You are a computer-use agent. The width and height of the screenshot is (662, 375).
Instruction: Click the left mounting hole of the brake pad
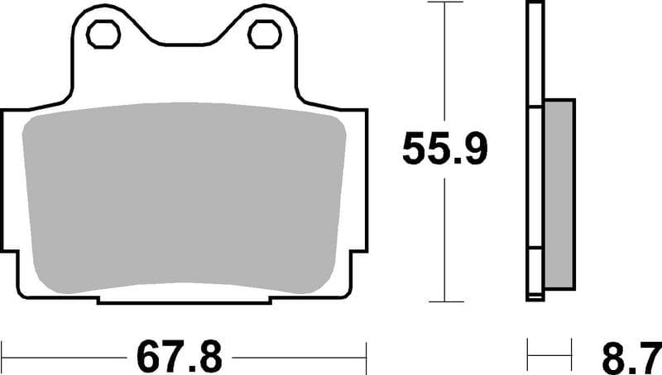(103, 35)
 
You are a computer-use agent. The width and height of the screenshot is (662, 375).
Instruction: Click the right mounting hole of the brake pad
(264, 35)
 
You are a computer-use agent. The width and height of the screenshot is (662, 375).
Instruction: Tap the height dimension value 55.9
(446, 150)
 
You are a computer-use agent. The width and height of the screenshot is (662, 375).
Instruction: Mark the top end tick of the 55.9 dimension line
(446, 3)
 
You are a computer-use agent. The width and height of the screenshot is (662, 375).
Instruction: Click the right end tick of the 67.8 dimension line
(366, 358)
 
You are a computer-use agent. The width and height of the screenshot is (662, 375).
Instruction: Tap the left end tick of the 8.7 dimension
(528, 358)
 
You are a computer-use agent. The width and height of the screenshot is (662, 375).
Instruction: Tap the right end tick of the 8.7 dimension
(572, 358)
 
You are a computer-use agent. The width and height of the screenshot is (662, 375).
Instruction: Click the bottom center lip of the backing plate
(184, 299)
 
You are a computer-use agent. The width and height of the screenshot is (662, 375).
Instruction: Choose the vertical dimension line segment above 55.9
(446, 66)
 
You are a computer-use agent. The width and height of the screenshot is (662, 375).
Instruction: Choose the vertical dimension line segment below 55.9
(446, 240)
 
